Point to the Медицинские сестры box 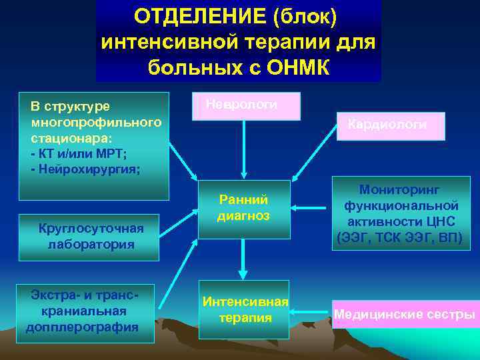tap(404, 315)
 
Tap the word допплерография tap(82, 327)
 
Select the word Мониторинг tap(400, 190)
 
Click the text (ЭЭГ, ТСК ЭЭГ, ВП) tap(400, 237)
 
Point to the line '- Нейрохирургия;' tap(85, 169)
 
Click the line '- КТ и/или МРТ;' tap(79, 155)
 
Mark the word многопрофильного tap(96, 123)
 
